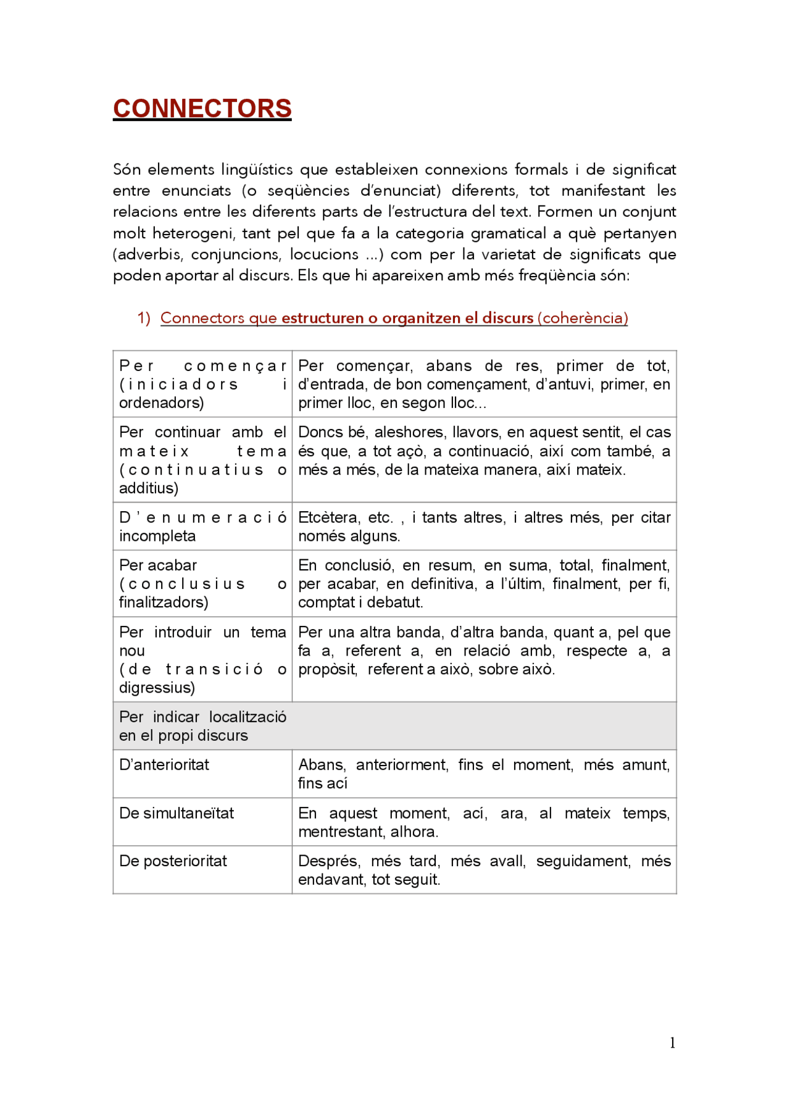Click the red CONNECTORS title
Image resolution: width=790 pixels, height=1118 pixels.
click(x=202, y=109)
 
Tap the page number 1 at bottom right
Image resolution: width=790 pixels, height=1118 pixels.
click(x=672, y=1043)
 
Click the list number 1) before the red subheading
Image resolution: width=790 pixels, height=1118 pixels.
click(x=144, y=318)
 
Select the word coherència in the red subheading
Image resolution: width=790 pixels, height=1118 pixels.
click(x=583, y=318)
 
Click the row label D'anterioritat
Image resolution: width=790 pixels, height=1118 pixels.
click(x=164, y=765)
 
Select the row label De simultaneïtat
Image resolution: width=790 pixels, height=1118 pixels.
click(x=177, y=813)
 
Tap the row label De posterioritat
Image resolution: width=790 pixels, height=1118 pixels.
click(x=173, y=861)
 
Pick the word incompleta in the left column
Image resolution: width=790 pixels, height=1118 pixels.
click(x=157, y=536)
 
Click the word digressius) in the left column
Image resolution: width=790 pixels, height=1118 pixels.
click(x=157, y=688)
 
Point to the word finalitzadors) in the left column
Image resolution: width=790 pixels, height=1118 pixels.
click(x=164, y=603)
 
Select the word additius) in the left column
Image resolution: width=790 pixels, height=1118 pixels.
click(x=149, y=488)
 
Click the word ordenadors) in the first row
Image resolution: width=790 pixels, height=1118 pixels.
click(x=161, y=403)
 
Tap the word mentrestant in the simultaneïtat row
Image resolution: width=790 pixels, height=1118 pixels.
click(x=341, y=832)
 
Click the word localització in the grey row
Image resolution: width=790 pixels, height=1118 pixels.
click(x=247, y=717)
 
